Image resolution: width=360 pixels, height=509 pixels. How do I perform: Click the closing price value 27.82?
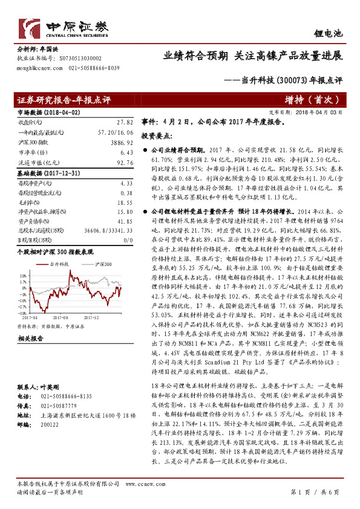[125, 122]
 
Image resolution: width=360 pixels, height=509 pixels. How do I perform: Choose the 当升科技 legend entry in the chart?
[58, 265]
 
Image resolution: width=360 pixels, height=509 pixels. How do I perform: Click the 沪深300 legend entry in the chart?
[105, 265]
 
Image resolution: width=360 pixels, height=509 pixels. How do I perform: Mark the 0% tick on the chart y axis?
[24, 284]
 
